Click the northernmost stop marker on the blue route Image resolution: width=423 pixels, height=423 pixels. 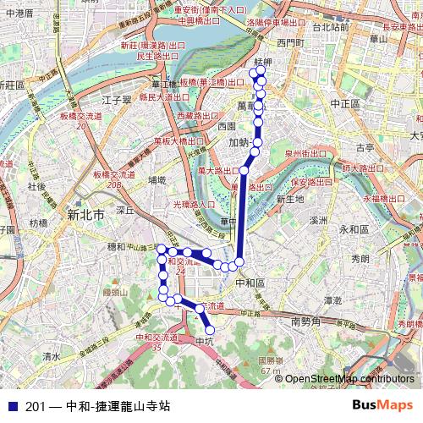pyautogui.click(x=253, y=72)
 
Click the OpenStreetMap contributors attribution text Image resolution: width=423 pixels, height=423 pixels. pyautogui.click(x=349, y=379)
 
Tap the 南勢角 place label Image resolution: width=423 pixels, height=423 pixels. pyautogui.click(x=306, y=322)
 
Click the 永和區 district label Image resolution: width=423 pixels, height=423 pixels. pyautogui.click(x=354, y=229)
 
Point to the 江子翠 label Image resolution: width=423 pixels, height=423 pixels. pyautogui.click(x=115, y=100)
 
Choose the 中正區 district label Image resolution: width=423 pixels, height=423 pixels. pyautogui.click(x=345, y=103)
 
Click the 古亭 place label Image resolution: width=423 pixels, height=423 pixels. pyautogui.click(x=364, y=147)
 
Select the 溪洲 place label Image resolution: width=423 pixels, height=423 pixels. pyautogui.click(x=317, y=220)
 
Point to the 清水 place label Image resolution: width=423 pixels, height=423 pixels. pyautogui.click(x=52, y=357)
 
